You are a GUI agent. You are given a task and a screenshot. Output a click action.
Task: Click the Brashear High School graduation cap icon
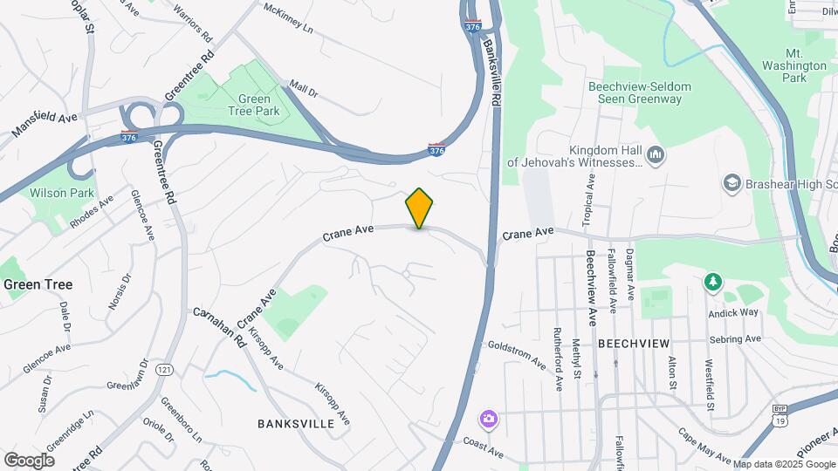tap(732, 183)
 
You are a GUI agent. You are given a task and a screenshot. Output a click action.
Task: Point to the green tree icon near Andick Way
tap(713, 281)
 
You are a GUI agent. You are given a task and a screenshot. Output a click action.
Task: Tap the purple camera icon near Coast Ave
tap(488, 420)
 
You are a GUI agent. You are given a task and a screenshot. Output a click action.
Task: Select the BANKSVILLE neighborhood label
tap(296, 423)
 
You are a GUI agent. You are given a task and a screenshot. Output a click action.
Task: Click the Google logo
tap(29, 460)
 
